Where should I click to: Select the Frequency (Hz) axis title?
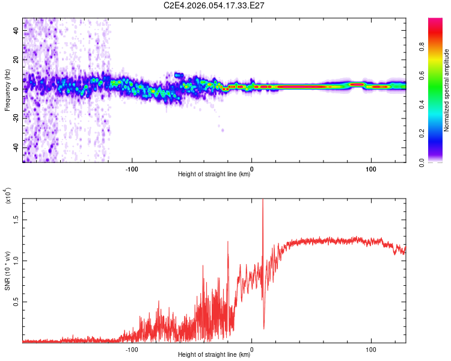pos(7,90)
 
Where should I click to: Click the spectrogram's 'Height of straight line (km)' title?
pos(214,174)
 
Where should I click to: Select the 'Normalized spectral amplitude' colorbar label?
pos(447,90)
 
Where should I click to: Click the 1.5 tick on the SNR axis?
pos(17,220)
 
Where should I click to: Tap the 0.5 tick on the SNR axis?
pos(17,302)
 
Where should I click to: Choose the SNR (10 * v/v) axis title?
pos(7,271)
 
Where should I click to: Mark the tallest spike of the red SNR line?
pos(263,201)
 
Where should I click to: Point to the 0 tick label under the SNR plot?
pos(251,348)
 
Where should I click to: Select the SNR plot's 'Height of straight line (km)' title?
pos(214,355)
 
